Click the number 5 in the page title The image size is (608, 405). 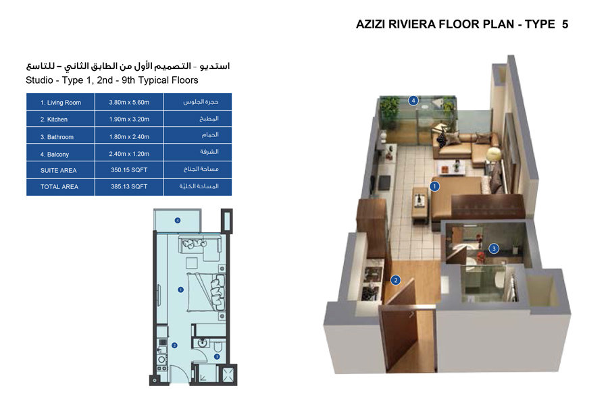coord(564,24)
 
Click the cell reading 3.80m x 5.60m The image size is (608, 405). coord(129,103)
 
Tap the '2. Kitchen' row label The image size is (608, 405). coord(54,119)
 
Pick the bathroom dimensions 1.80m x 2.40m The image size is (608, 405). coord(129,137)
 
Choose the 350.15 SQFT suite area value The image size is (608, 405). coord(129,171)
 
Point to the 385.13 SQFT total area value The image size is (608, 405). coord(129,187)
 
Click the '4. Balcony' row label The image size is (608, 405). coord(55,155)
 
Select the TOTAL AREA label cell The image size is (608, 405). coord(59,187)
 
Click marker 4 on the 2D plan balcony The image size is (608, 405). coord(178,220)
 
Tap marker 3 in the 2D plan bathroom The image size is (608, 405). coord(216,356)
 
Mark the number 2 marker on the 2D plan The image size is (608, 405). coord(174,345)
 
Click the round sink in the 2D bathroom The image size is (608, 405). coord(201,342)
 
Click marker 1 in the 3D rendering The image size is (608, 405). coord(435,186)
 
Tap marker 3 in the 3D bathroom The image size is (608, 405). coord(494,248)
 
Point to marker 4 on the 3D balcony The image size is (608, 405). coord(413,101)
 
